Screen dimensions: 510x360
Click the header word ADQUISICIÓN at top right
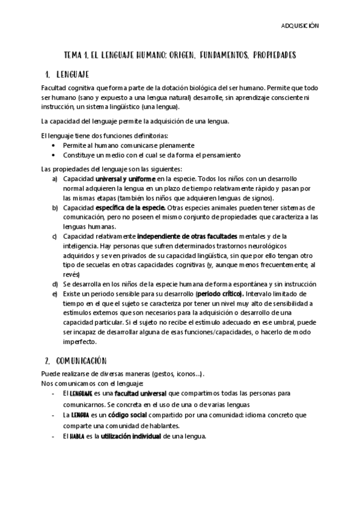[x=301, y=26]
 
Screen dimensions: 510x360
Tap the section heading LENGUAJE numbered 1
[x=73, y=75]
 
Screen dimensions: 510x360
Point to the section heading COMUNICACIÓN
[x=81, y=361]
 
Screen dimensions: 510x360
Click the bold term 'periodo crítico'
[x=219, y=294]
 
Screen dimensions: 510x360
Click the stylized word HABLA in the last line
[x=76, y=437]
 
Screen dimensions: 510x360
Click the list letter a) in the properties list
[x=55, y=179]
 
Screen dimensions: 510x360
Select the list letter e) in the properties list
[x=55, y=294]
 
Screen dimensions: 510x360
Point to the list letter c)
[x=55, y=235]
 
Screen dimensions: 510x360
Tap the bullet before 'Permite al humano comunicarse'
[x=55, y=146]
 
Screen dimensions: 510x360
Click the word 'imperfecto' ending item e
[x=79, y=342]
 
